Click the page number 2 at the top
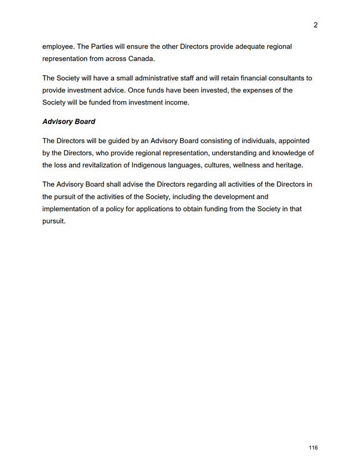point(316,25)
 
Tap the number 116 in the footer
point(313,448)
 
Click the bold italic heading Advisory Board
point(69,122)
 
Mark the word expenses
point(246,91)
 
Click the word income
point(174,103)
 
